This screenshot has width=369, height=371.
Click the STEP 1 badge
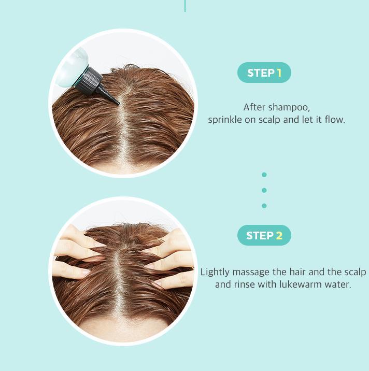coord(264,73)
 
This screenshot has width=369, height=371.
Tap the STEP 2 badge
coord(264,235)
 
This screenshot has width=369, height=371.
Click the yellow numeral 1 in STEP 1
coord(279,73)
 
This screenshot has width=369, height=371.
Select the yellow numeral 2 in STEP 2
coord(279,236)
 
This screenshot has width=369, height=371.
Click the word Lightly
coord(215,273)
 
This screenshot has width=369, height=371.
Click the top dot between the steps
coord(264,175)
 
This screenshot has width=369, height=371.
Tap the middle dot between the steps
coord(264,190)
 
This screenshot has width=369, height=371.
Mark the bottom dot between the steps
coord(264,206)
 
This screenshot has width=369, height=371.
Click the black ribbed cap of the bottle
coord(88,81)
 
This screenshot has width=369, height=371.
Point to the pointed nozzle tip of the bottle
coord(118,103)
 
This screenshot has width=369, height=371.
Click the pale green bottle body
coord(74,67)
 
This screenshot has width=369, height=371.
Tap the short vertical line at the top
coord(185,6)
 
